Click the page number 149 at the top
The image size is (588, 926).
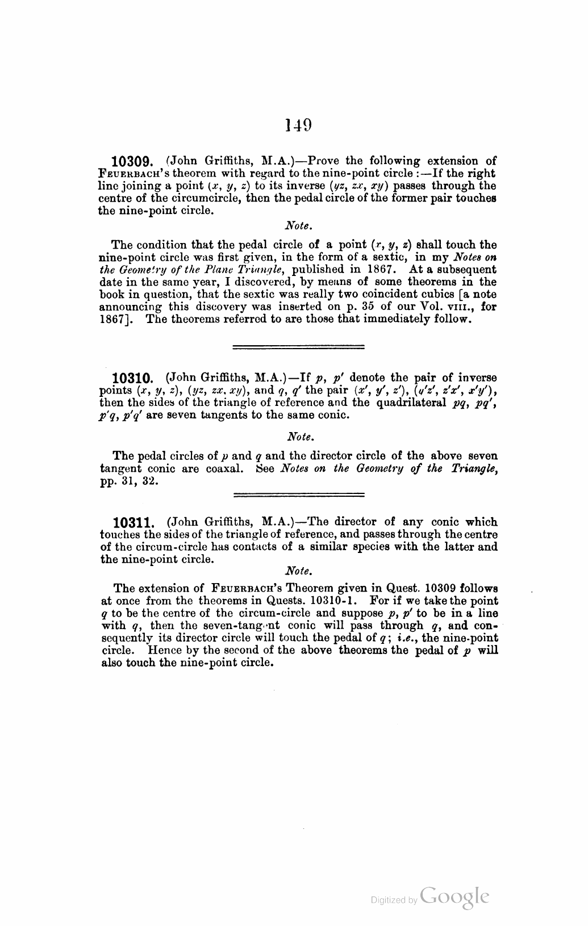pos(298,124)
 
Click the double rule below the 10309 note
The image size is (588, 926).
pos(299,346)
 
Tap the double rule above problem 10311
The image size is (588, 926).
pos(299,495)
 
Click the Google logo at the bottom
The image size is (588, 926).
pos(455,895)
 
